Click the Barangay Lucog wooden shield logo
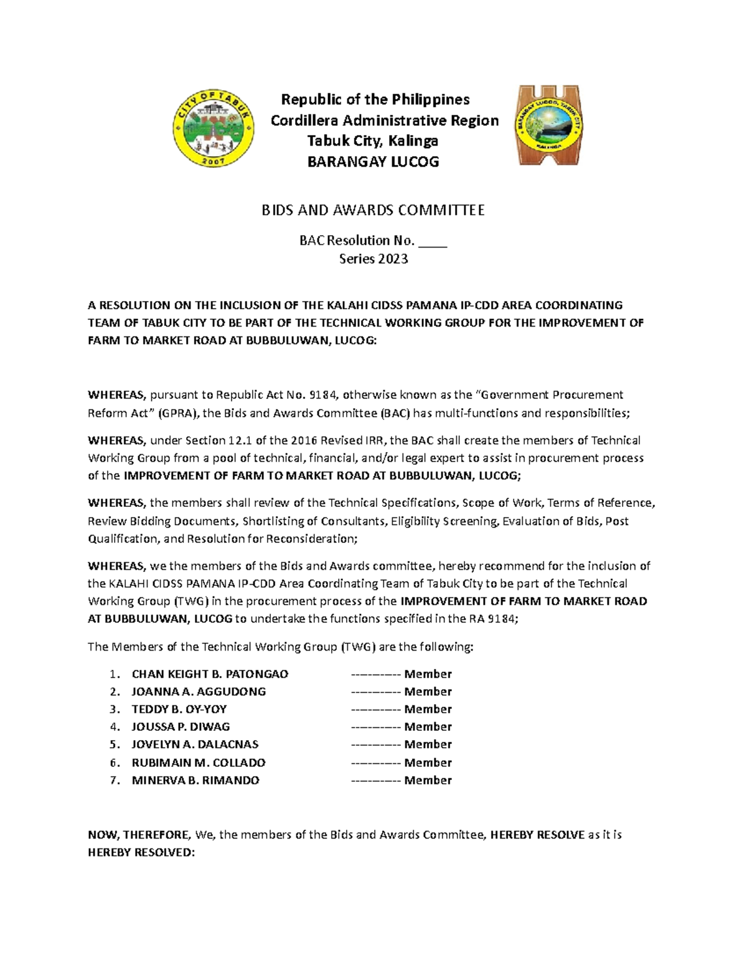tap(548, 126)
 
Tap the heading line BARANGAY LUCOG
tap(373, 162)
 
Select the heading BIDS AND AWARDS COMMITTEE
tap(372, 210)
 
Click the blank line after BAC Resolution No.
tap(433, 241)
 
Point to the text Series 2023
tap(373, 259)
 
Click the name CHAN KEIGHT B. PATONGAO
tap(210, 674)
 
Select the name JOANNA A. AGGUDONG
tap(199, 692)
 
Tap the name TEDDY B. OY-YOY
tap(179, 709)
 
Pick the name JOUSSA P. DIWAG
tap(181, 727)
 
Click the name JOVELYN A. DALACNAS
tap(195, 745)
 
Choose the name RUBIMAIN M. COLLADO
tap(199, 763)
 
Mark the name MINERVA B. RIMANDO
tap(195, 780)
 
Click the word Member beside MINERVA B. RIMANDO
tap(428, 780)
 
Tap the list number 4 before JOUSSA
tap(113, 727)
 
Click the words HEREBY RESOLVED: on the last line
tap(141, 852)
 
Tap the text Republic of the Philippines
tap(375, 100)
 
